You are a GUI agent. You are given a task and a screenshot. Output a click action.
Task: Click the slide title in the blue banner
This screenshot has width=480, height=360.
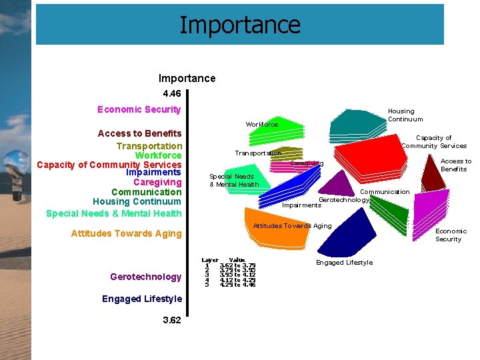pyautogui.click(x=240, y=25)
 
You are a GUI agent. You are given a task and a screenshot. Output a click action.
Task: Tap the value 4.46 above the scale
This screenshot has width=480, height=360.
pyautogui.click(x=171, y=94)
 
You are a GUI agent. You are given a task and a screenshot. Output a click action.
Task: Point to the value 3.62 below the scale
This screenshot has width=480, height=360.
pyautogui.click(x=171, y=320)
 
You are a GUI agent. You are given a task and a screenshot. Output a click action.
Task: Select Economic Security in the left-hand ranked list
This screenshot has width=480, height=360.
pyautogui.click(x=139, y=109)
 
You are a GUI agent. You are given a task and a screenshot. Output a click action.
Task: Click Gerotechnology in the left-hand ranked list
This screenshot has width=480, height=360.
pyautogui.click(x=145, y=277)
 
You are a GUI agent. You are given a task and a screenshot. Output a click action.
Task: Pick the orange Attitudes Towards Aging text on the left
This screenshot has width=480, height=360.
pyautogui.click(x=126, y=233)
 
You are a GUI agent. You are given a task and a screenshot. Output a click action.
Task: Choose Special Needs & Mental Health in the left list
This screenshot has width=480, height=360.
pyautogui.click(x=113, y=213)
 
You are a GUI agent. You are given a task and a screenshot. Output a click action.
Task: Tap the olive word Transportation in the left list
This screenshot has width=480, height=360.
pyautogui.click(x=149, y=146)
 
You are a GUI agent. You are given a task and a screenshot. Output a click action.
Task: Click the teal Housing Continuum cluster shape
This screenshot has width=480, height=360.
pyautogui.click(x=360, y=123)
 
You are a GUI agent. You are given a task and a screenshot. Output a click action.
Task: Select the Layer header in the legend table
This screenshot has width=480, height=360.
pyautogui.click(x=210, y=260)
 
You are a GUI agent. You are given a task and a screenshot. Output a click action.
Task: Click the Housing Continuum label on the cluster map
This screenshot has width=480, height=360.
pyautogui.click(x=405, y=115)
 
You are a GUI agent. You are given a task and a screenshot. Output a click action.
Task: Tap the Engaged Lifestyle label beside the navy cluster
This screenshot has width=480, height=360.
pyautogui.click(x=344, y=263)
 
